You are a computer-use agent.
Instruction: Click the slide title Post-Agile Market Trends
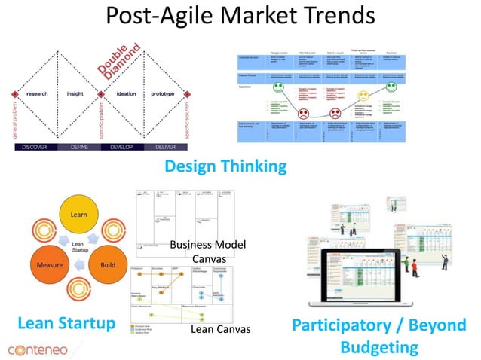240,17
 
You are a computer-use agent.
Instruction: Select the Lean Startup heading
66,324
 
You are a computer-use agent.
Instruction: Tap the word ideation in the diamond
124,95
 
